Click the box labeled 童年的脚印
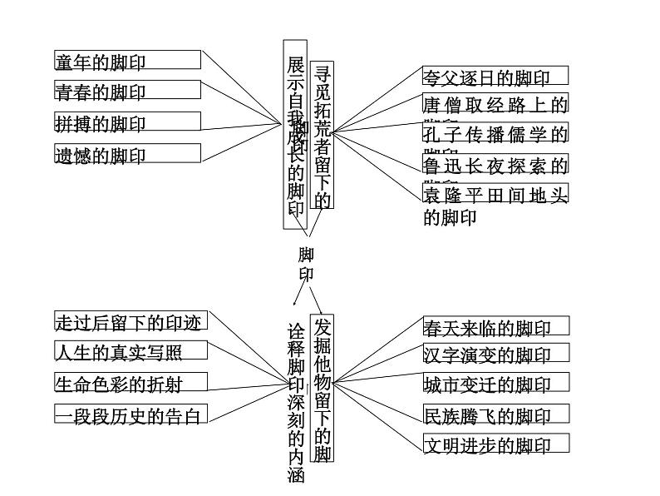tap(127, 60)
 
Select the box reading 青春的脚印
tap(127, 90)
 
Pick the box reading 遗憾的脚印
tap(127, 153)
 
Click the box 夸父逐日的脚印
tap(495, 77)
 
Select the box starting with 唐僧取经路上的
tap(495, 105)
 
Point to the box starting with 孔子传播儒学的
tap(495, 134)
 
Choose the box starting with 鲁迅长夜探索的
tap(495, 164)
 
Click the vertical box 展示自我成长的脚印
tap(295, 133)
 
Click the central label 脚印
tap(306, 264)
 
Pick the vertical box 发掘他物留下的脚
tap(323, 388)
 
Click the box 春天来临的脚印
tap(497, 326)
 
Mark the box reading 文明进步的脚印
tap(497, 444)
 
